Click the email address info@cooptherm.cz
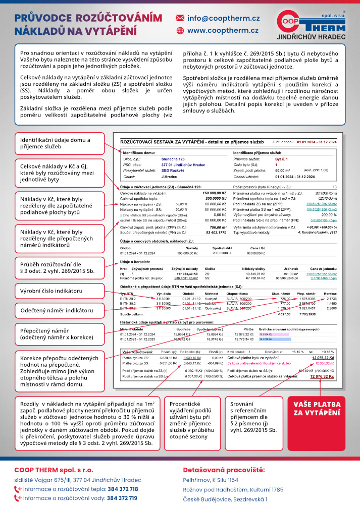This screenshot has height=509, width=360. pyautogui.click(x=224, y=18)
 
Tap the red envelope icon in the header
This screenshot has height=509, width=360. pyautogui.click(x=179, y=18)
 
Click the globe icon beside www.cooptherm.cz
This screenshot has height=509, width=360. pyautogui.click(x=179, y=31)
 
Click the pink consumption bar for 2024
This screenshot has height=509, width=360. pyautogui.click(x=267, y=334)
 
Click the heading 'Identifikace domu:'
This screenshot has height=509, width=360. pyautogui.click(x=139, y=152)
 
